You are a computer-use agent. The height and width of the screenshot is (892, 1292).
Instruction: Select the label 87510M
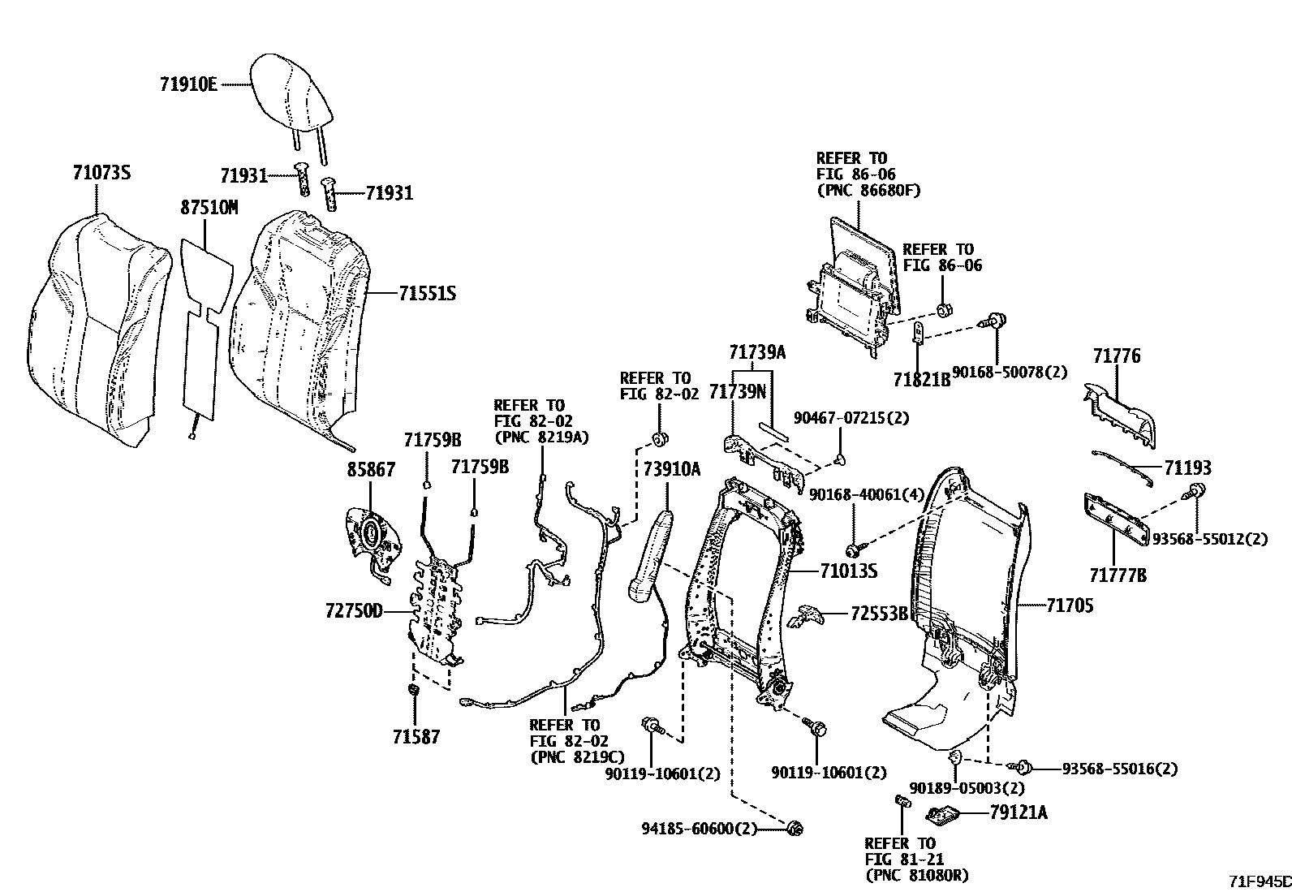coord(209,208)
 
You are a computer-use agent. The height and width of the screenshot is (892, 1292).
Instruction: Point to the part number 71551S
coord(427,293)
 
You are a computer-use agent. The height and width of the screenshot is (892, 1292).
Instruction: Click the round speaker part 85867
coord(373,533)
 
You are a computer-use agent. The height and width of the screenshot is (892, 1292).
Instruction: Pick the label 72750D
coord(354,611)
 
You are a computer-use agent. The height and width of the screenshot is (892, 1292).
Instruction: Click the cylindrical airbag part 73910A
coord(652,557)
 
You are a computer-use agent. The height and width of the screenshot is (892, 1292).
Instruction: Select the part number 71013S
coord(849,571)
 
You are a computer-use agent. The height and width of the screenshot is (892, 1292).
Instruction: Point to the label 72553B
coord(879,614)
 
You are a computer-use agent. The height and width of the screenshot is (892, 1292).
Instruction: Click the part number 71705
coord(1070,605)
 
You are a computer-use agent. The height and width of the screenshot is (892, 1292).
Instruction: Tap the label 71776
coord(1116,356)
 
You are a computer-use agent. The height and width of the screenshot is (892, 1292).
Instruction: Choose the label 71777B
coord(1118,576)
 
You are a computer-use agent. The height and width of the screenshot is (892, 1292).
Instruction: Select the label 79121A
coord(1018,812)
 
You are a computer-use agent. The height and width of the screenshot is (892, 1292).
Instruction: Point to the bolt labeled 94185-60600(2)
coord(794,828)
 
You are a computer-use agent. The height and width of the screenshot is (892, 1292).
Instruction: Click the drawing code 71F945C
coord(1258,881)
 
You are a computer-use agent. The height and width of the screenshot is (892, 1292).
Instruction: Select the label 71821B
coord(921,379)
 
